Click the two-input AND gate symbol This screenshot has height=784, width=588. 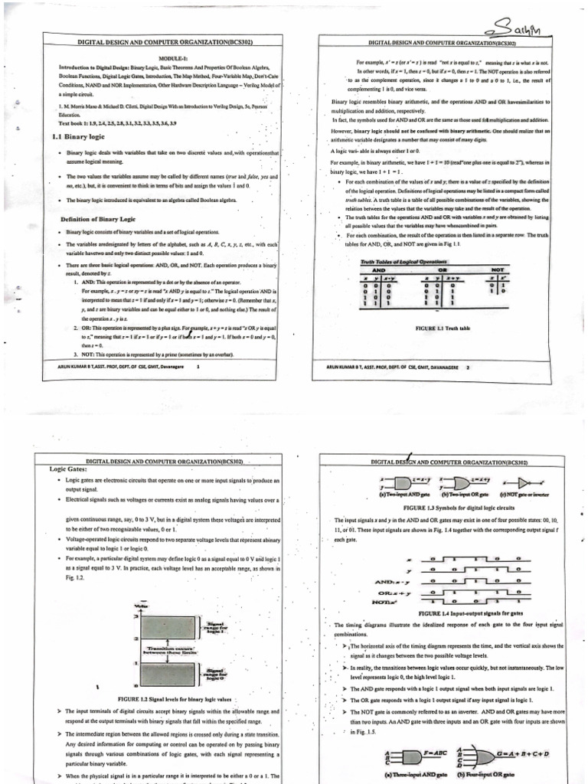(x=397, y=483)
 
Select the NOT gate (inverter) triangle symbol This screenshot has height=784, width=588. (x=524, y=483)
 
